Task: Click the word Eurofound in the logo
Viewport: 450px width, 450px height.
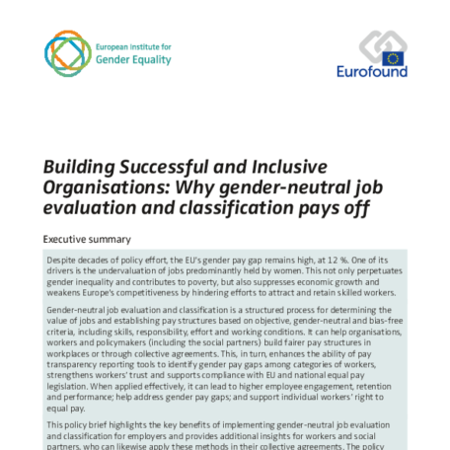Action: [x=371, y=71]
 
